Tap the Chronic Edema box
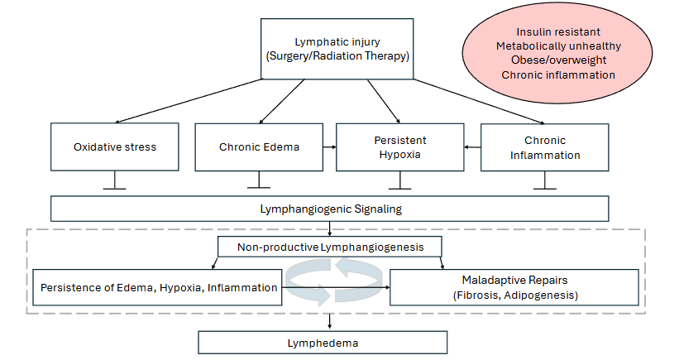pos(258,147)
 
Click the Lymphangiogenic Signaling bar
pos(330,209)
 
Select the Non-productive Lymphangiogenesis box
pos(330,247)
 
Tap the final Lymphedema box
pos(323,342)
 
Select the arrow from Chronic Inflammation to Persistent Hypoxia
pos(472,147)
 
